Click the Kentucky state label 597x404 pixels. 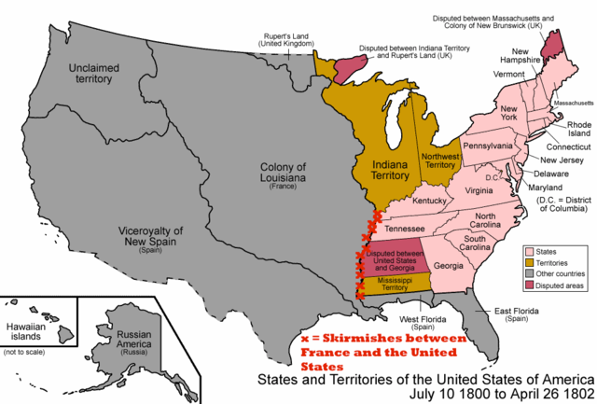430,201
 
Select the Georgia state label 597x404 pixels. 449,266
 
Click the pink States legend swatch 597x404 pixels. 530,250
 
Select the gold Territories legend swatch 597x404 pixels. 530,262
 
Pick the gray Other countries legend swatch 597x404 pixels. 530,273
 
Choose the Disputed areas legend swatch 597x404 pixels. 530,286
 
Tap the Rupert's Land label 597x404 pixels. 274,38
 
